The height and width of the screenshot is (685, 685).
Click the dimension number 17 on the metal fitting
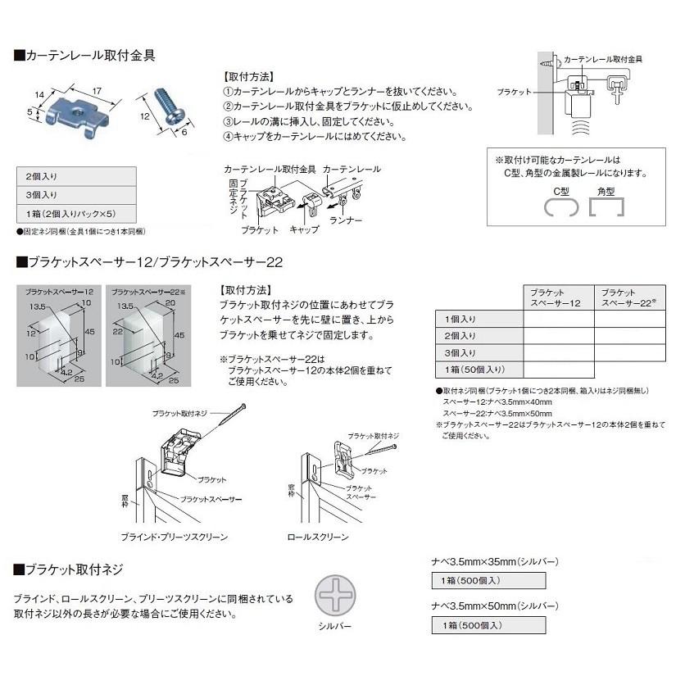coord(96,88)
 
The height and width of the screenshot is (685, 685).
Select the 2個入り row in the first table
coord(75,176)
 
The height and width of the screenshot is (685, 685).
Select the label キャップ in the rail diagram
coord(304,230)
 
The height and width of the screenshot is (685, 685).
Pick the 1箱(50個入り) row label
coord(470,370)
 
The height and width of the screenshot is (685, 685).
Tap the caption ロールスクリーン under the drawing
coord(317,537)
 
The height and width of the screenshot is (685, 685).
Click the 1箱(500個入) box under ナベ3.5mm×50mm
coord(488,625)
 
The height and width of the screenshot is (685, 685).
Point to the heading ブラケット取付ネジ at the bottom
coord(74,569)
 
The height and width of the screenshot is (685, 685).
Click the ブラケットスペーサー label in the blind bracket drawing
coord(211,498)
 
